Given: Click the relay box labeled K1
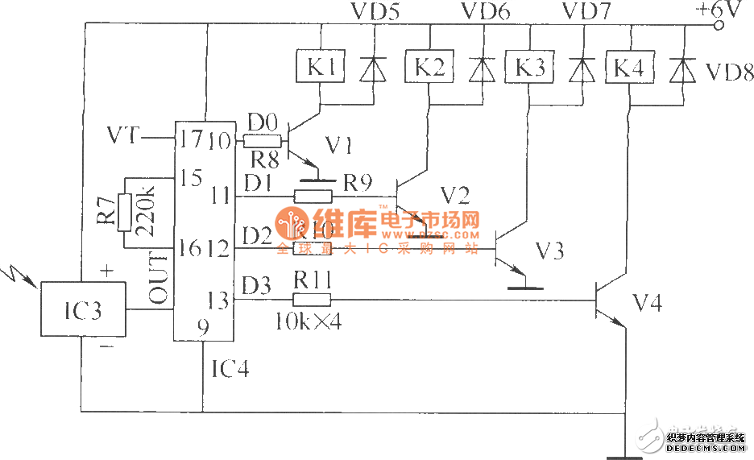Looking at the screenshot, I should coord(321,68).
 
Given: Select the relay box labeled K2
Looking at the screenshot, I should coord(429,68).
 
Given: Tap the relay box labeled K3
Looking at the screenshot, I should coord(529,68).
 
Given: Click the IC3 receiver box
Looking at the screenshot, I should coord(84,310).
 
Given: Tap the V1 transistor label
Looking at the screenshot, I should coord(339,145).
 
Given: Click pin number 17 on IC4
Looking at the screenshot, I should coord(190,139).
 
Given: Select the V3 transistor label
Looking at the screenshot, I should coord(549,251).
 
